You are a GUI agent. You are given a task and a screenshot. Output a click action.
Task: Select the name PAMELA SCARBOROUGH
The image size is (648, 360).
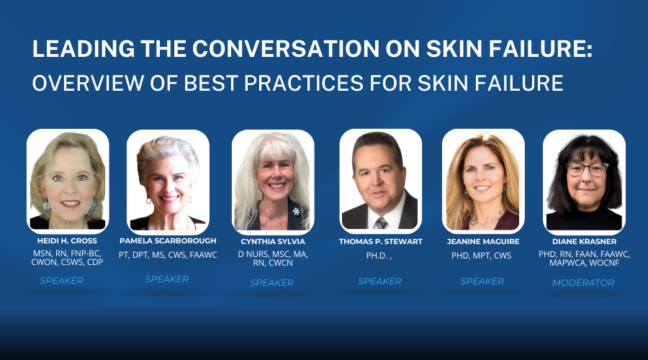[168, 240]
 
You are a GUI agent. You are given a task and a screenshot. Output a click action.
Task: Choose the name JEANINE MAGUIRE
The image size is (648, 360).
[482, 242]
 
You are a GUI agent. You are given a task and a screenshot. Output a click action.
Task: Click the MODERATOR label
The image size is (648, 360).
[583, 283]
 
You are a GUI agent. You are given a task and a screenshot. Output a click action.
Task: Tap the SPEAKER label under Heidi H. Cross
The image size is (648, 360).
[62, 281]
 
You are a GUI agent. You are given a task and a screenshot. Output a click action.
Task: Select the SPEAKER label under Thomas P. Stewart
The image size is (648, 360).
[379, 282]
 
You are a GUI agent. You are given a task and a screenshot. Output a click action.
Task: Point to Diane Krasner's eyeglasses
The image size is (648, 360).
[586, 170]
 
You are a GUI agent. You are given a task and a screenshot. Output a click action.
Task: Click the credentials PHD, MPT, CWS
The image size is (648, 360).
[484, 255]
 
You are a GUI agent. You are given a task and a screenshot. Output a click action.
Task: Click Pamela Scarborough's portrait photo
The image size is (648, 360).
[168, 180]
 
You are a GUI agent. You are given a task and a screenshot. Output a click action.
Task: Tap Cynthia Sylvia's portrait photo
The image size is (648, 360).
[272, 180]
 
